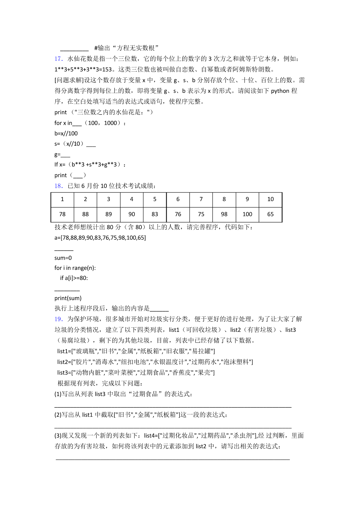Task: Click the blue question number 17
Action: click(58, 59)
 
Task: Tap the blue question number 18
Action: click(58, 186)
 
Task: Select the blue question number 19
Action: click(58, 319)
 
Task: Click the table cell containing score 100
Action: click(247, 214)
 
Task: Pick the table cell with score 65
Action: click(270, 214)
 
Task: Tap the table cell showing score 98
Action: click(224, 214)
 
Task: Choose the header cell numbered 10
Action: click(270, 199)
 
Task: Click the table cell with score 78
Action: click(62, 214)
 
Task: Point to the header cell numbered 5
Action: click(155, 199)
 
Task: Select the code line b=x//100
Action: click(66, 133)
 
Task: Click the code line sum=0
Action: click(63, 258)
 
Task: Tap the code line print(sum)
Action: click(68, 298)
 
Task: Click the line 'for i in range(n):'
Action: click(75, 268)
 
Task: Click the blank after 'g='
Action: click(65, 155)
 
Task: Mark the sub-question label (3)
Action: click(58, 436)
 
